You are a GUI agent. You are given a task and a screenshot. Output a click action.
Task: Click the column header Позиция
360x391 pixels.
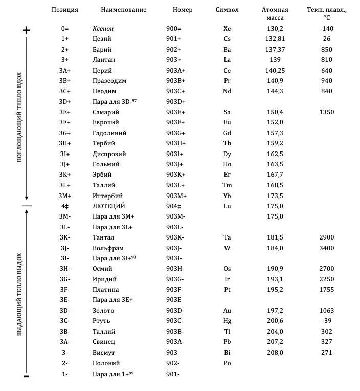coord(65,10)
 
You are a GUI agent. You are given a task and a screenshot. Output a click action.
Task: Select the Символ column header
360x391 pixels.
coord(227,10)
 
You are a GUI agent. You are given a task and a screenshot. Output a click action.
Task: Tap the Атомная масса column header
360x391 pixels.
coord(275,13)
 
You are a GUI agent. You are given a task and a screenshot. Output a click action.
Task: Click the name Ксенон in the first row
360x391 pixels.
coord(103,29)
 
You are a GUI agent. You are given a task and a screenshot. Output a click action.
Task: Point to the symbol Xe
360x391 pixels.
coord(227,29)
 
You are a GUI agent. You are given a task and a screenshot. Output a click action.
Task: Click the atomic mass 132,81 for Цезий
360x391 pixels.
coord(275,39)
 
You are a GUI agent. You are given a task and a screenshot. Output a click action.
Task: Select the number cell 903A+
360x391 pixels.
coord(176,71)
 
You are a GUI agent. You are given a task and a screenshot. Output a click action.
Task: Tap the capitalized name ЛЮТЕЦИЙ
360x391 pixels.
coord(109,206)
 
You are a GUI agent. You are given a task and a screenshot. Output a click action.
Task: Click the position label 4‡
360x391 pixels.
coord(65,206)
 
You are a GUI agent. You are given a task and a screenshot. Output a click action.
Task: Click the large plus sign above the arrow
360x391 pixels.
coord(27,30)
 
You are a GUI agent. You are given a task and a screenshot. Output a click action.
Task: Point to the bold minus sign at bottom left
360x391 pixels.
coord(27,377)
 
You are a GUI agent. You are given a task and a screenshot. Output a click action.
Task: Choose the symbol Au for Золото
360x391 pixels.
coord(227,311)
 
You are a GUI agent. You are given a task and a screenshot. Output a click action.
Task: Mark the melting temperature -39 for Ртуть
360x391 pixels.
coord(326,321)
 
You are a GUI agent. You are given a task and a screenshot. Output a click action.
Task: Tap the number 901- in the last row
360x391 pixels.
coord(173,374)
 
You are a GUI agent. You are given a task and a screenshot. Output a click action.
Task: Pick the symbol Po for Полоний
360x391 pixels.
coord(227,363)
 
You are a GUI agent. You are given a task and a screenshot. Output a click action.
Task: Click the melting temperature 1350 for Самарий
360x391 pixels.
coord(326,112)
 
